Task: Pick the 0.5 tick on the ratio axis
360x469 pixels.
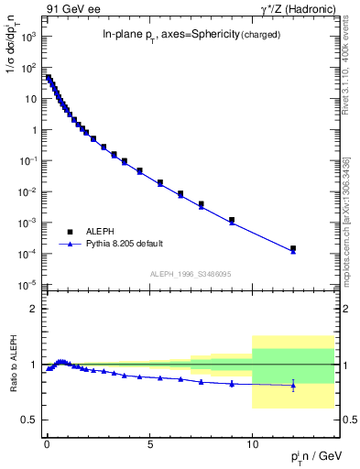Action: click(30, 420)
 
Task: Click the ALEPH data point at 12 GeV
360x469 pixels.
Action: click(293, 248)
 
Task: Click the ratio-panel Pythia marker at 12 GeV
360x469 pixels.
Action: click(293, 386)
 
